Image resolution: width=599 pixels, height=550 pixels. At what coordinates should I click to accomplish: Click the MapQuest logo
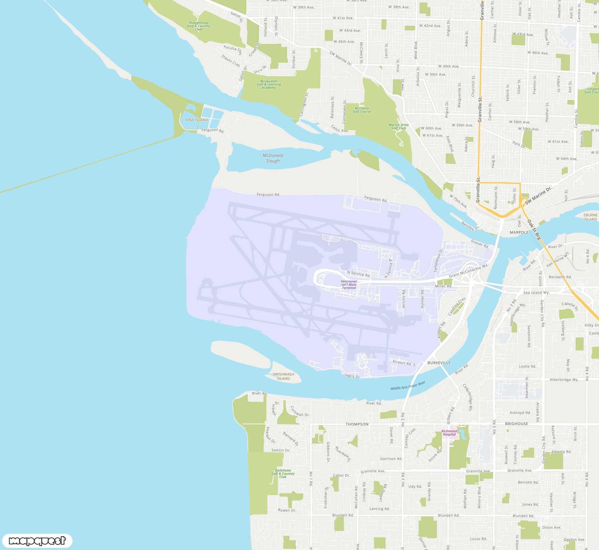point(37,540)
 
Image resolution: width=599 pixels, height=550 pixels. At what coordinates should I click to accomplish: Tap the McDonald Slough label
point(273,158)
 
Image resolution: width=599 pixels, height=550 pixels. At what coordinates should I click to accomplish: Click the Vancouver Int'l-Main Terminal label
point(349,285)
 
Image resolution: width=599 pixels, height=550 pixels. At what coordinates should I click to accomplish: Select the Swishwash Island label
point(283,376)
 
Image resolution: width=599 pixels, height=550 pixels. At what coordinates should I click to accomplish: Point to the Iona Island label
point(196,120)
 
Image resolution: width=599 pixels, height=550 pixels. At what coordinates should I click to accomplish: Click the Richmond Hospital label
point(449,433)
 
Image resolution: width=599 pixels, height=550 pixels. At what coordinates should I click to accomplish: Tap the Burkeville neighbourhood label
point(439,363)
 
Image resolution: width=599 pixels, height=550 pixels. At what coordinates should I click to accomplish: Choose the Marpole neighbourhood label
point(519,232)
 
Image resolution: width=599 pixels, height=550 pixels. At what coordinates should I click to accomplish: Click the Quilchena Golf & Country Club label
point(283,473)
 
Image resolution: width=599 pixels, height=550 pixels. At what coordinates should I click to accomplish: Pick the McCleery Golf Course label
point(362,110)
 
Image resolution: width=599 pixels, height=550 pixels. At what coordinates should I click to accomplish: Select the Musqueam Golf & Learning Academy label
point(269,84)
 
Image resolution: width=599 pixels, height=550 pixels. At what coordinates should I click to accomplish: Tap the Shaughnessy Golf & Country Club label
point(198,26)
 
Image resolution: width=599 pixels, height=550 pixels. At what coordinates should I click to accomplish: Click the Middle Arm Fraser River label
point(408,385)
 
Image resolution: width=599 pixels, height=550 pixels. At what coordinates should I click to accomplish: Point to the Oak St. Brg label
point(534,230)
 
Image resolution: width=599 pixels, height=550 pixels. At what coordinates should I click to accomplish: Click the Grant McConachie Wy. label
point(468,271)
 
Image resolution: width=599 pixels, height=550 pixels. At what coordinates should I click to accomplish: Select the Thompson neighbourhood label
point(357,424)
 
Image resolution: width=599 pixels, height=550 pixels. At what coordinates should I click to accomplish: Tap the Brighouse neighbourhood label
point(517,424)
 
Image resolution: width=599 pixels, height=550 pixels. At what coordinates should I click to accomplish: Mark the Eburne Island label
point(591,217)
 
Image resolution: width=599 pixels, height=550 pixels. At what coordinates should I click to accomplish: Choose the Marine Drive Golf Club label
point(399,126)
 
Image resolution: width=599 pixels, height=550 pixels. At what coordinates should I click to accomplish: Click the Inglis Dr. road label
point(353,376)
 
